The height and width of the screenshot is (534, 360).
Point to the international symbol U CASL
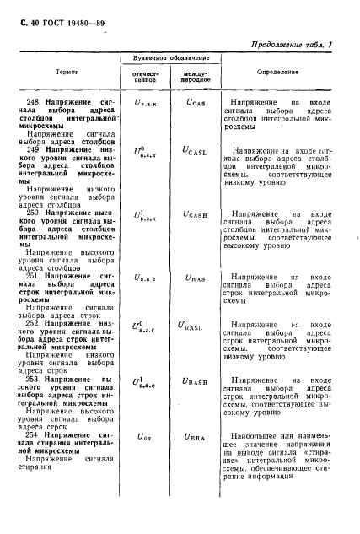tap(196, 150)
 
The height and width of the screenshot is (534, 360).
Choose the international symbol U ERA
tap(195, 436)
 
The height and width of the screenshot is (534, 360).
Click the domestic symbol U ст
tap(146, 436)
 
